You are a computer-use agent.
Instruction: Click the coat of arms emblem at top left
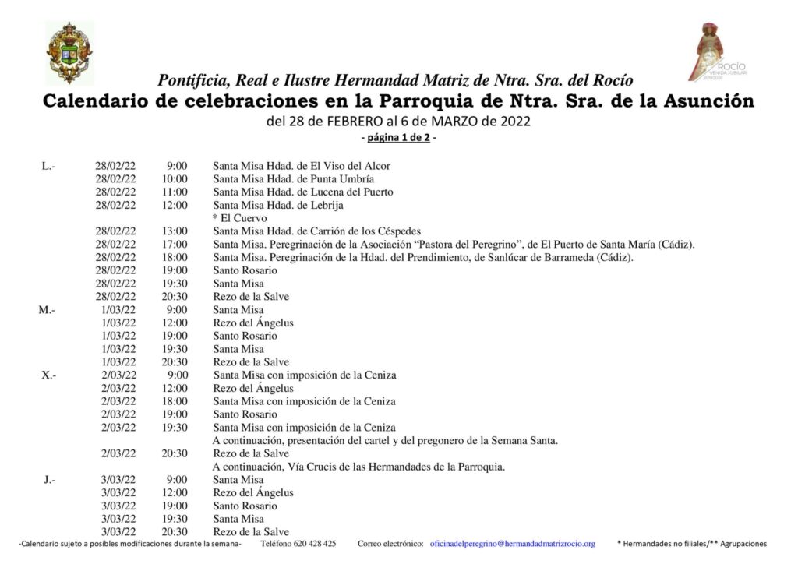tap(69, 52)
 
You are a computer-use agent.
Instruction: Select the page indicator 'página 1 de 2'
tap(398, 139)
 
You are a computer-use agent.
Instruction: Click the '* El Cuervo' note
tap(240, 218)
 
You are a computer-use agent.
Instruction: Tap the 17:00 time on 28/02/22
tap(175, 245)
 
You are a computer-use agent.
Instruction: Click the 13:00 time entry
tap(175, 231)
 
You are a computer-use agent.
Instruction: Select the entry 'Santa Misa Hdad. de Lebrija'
tap(278, 205)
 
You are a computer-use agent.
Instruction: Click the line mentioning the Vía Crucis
tap(359, 467)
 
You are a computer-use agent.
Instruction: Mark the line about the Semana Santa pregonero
tap(385, 440)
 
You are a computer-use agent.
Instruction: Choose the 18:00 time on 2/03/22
tap(175, 401)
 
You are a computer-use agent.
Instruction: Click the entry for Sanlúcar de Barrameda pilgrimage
tap(423, 257)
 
